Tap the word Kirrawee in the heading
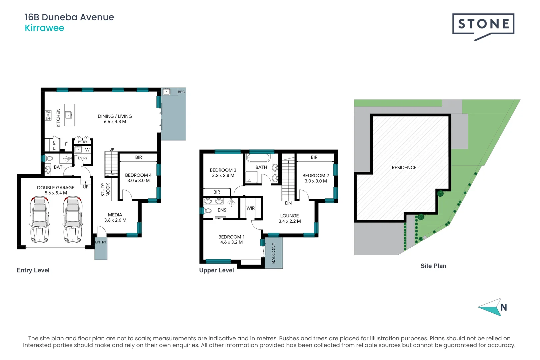[x=44, y=28]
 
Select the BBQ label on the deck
[x=182, y=92]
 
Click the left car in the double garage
[x=40, y=219]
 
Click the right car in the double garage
[x=73, y=219]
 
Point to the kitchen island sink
[x=68, y=115]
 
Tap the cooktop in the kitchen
[x=48, y=115]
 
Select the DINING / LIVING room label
[x=115, y=116]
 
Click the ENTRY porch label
[x=101, y=242]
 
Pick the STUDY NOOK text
[x=105, y=189]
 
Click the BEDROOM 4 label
[x=138, y=175]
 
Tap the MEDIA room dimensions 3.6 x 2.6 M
[x=115, y=220]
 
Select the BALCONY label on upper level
[x=274, y=253]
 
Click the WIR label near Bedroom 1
[x=251, y=208]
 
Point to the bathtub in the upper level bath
[x=258, y=158]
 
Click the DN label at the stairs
[x=288, y=203]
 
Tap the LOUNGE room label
[x=289, y=216]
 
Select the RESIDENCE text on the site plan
[x=404, y=168]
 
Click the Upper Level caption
[x=217, y=270]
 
